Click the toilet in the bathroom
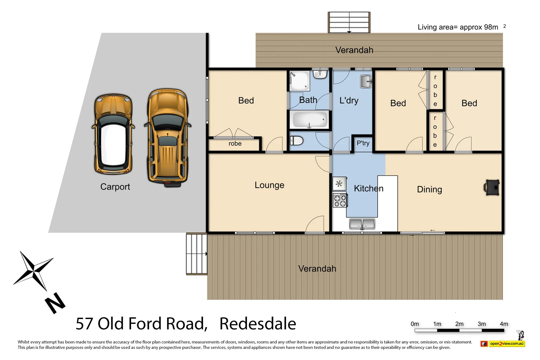296,141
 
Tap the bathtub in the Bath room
309,120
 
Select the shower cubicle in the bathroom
299,81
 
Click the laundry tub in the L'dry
366,82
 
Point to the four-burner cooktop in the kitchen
340,201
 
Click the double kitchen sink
362,224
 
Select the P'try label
363,143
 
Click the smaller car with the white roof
113,134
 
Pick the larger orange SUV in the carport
168,137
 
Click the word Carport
115,187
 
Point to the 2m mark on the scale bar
459,324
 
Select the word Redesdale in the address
258,324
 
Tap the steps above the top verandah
349,23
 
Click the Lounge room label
269,185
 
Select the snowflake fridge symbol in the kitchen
339,184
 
